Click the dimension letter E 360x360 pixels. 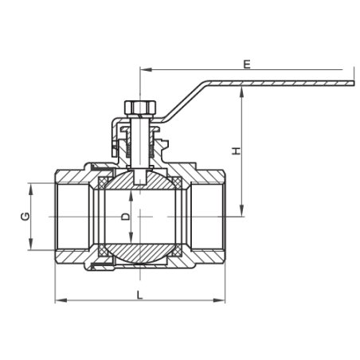247,65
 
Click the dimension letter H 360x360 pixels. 236,151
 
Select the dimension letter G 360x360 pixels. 25,217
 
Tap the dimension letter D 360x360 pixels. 126,217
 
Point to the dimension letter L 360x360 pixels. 139,295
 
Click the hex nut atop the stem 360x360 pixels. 140,108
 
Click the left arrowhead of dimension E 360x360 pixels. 146,69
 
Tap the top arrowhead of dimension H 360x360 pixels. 241,92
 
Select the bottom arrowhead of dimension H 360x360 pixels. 241,211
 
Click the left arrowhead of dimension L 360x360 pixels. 61,300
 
